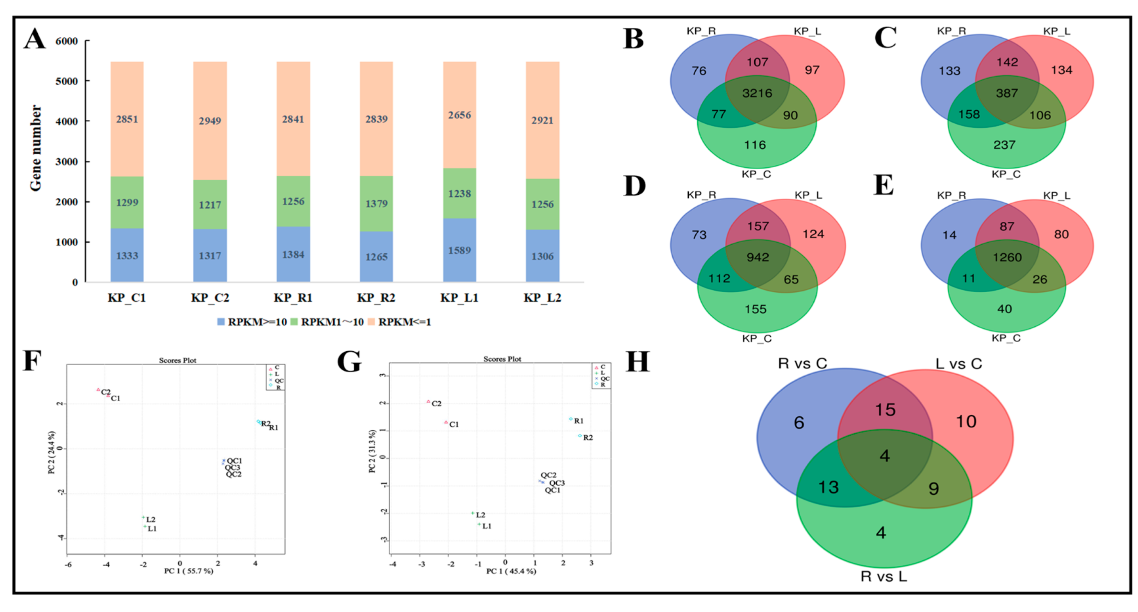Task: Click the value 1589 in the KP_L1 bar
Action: pos(460,250)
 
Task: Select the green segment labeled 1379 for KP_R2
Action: pos(376,204)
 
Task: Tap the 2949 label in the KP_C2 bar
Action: pos(210,121)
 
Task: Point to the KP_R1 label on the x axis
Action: pos(293,298)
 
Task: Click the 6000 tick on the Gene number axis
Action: pos(67,41)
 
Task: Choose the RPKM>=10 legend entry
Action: pos(252,322)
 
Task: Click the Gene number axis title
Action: pos(36,148)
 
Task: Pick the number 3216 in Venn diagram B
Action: pos(757,93)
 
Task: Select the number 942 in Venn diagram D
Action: pos(758,257)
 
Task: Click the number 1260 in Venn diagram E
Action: pos(1007,257)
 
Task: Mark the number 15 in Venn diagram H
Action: pos(885,410)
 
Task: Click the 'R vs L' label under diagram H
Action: pos(883,576)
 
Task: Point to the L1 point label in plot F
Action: pos(152,529)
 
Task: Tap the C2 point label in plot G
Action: pos(437,403)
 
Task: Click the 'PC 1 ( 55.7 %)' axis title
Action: pos(189,571)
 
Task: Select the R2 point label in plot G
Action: pos(588,437)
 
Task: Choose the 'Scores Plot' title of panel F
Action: pos(178,361)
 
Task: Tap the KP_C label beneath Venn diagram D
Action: pos(756,339)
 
